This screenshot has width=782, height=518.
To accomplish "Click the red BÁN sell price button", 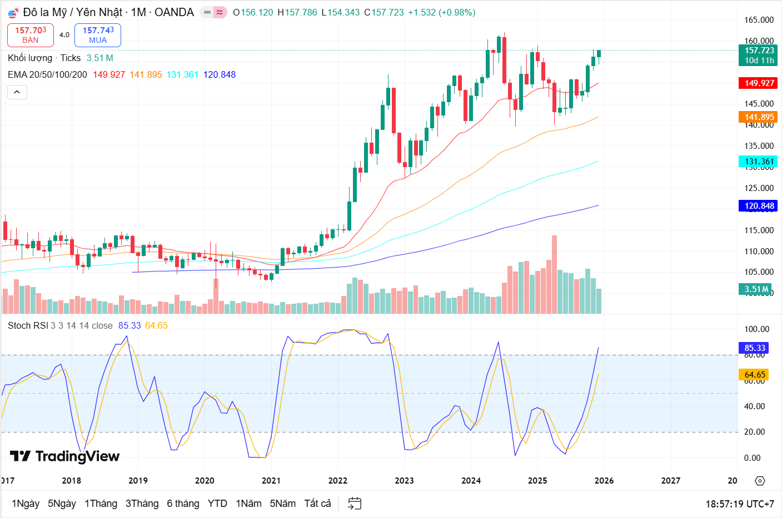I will click(31, 35).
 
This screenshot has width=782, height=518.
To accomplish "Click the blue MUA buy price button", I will click(98, 35).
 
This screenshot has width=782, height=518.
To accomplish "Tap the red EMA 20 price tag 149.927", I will click(759, 83).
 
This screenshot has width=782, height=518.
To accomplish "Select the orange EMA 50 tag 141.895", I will click(759, 117).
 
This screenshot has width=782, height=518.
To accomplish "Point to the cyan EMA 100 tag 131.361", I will click(759, 162).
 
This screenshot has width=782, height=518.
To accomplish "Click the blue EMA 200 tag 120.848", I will click(759, 206).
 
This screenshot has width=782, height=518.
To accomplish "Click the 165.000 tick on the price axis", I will click(759, 20).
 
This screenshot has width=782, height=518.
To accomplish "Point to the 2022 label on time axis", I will click(338, 481).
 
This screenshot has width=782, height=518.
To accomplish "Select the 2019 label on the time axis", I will click(138, 481).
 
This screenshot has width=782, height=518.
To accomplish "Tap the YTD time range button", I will click(217, 504).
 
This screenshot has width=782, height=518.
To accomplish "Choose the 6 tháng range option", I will click(183, 504).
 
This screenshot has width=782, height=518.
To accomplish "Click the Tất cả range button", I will click(317, 504).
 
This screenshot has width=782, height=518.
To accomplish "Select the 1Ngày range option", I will click(26, 504).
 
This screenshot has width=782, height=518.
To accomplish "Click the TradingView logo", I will click(65, 456).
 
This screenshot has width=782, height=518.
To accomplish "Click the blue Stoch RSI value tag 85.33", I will click(755, 348).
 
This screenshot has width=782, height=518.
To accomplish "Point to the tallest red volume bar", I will click(554, 275).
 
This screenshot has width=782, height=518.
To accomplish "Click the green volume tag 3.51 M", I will click(756, 289).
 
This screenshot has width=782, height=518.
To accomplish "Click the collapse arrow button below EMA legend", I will click(17, 92).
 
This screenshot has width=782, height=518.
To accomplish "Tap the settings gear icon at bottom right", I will click(760, 481).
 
